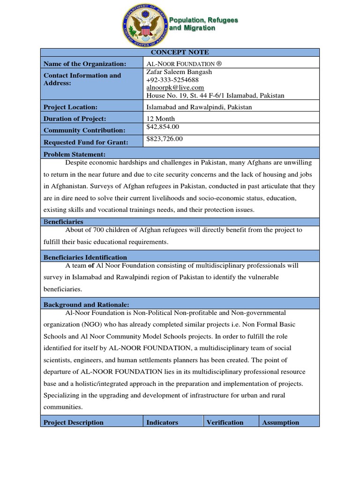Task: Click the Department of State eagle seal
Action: tap(144, 24)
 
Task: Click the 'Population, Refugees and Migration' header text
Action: tap(203, 24)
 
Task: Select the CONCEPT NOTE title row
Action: tap(180, 52)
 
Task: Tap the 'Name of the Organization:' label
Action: tap(85, 64)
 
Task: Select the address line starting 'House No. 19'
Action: tap(215, 95)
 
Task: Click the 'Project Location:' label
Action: tap(70, 107)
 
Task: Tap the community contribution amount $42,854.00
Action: tap(163, 127)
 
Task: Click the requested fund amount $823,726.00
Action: tap(165, 139)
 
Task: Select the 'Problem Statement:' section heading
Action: tap(75, 154)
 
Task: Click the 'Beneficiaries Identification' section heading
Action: tap(85, 257)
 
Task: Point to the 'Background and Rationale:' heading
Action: tap(86, 305)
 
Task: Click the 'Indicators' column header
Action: tap(162, 422)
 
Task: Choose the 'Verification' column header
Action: tap(225, 422)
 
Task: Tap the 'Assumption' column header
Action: tap(280, 422)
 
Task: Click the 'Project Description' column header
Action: tap(74, 422)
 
